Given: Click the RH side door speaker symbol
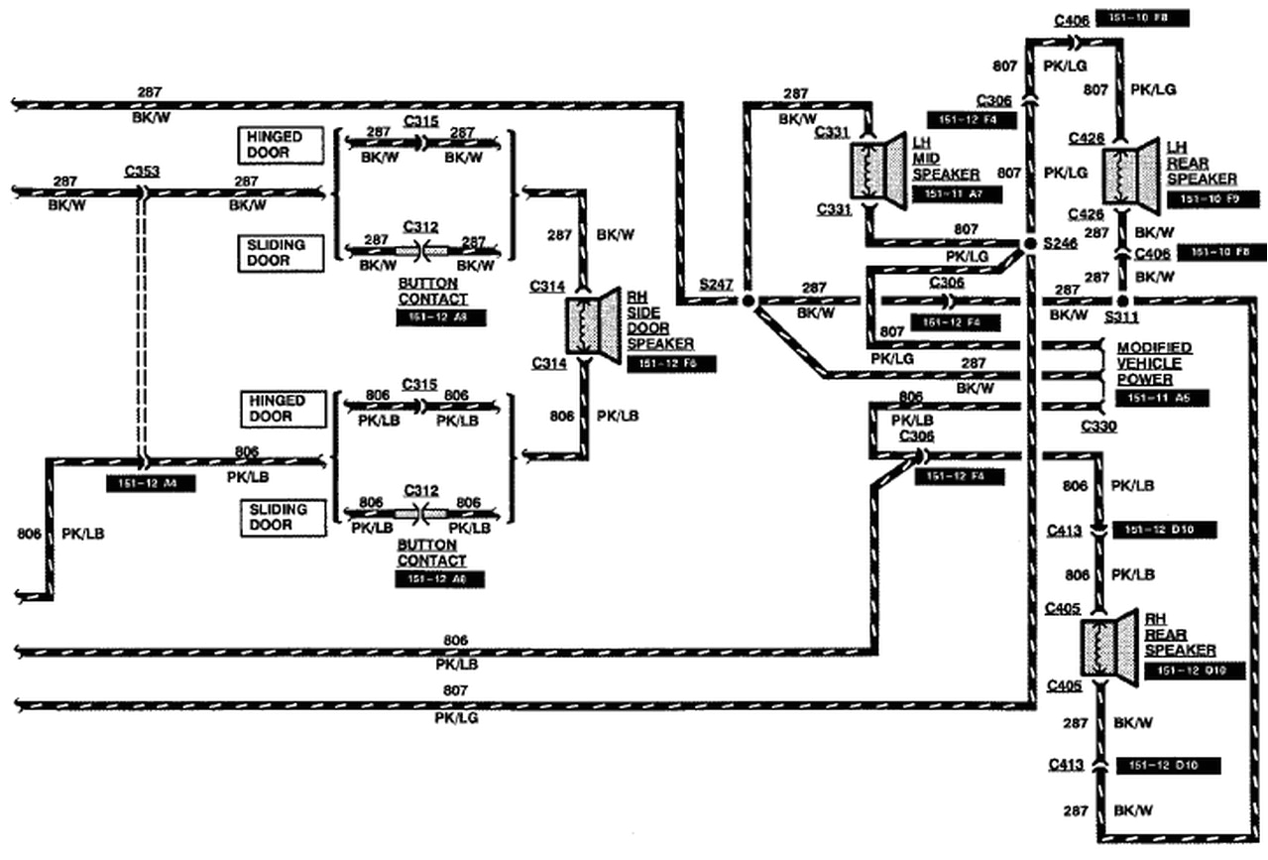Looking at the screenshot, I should (x=592, y=322).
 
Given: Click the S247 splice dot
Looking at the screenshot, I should (x=748, y=300).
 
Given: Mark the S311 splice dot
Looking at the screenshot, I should (x=1122, y=300).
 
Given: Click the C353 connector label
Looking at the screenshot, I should (x=142, y=171).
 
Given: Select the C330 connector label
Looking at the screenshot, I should (x=1099, y=428).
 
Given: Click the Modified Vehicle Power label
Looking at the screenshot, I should (x=1154, y=364).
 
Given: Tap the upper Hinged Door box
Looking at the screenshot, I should (x=282, y=145).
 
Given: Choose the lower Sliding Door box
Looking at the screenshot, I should (x=282, y=518).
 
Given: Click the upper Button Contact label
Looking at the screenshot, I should (x=432, y=291).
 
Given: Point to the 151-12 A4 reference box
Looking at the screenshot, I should (x=151, y=484).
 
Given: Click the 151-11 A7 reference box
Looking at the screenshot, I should (x=957, y=194).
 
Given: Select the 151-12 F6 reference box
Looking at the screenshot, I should (x=671, y=363).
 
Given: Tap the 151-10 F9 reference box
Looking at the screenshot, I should (x=1213, y=199).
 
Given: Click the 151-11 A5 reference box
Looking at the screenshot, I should (x=1161, y=398).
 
